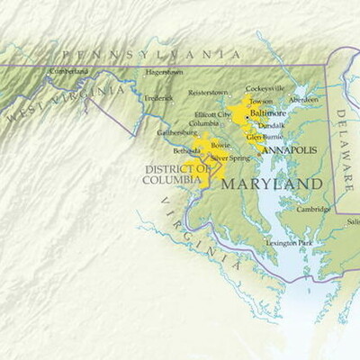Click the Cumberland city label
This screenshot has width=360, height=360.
point(69,71)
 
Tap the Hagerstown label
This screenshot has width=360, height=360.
point(164,72)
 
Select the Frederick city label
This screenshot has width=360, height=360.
point(158,96)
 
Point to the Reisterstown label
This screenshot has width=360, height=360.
point(209,92)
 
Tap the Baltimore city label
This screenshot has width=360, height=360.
point(267,113)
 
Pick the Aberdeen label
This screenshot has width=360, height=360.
point(303,99)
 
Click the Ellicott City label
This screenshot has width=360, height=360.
point(212,114)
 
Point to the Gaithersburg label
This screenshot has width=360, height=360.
point(177,132)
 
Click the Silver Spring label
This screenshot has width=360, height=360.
point(229,157)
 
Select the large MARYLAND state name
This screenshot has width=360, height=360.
point(271,184)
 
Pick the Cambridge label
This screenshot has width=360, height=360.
point(314,209)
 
